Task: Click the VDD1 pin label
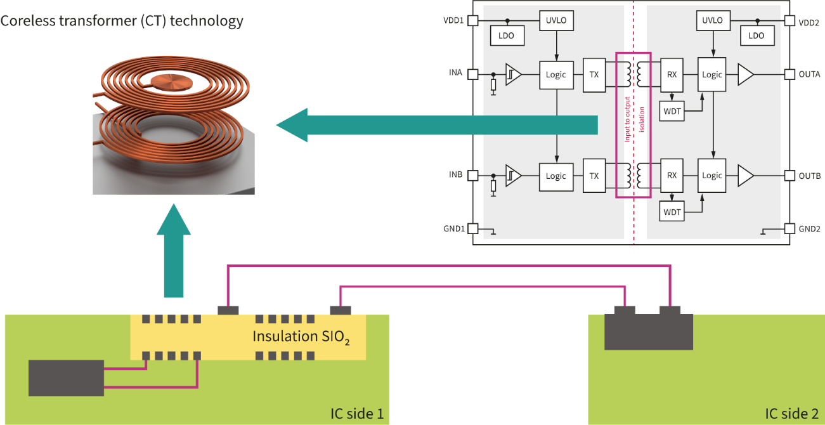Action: pos(454,20)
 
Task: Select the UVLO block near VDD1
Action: pos(555,20)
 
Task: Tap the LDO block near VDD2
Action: pos(757,36)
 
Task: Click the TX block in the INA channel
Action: pos(594,74)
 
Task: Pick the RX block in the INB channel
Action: pos(672,176)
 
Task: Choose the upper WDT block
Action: pos(672,111)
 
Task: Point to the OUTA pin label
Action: pos(809,74)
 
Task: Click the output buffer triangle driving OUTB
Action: pos(746,176)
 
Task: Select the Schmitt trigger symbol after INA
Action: pos(513,74)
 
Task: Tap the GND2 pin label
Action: pos(810,228)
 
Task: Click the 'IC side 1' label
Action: pos(357,414)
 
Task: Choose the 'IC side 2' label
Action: pos(792,414)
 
